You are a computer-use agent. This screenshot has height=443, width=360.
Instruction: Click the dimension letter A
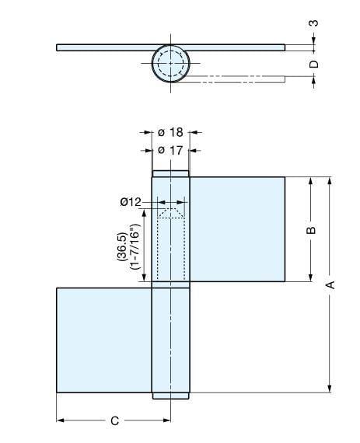coord(330,284)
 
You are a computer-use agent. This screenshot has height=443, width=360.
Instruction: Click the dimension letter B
coord(310,231)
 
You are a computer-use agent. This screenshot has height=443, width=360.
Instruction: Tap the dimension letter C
coord(114,421)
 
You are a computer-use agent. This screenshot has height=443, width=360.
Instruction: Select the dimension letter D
coord(314,65)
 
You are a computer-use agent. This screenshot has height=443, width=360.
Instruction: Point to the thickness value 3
coord(314,23)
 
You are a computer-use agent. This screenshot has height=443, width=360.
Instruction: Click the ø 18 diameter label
coord(170,133)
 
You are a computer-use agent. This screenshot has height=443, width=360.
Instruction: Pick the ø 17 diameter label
coord(170,149)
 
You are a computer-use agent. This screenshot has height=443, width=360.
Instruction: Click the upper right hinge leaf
coord(236,229)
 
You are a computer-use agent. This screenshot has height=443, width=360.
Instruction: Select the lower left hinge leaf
coord(103,340)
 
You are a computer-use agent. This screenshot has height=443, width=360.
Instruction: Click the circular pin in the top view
coord(170,63)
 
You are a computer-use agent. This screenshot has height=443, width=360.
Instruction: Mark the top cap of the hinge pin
coord(170,174)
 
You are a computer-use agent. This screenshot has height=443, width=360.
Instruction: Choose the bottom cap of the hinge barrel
coord(170,396)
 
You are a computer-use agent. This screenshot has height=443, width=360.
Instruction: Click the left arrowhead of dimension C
coord(60,421)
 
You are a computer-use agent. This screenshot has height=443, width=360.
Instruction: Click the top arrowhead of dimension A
coord(330,181)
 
